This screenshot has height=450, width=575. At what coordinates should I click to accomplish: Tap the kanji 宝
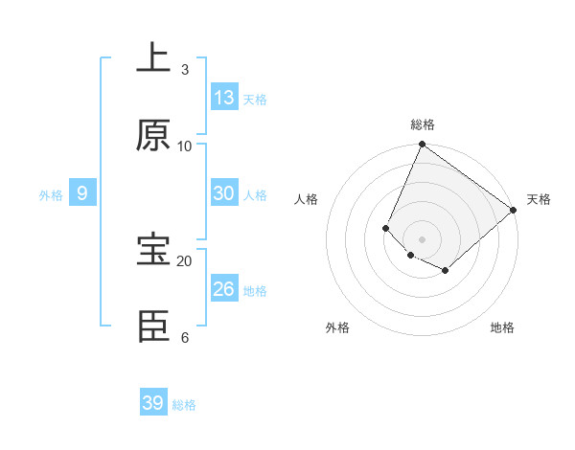(x=153, y=251)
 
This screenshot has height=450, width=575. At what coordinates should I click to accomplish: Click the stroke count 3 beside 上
(x=185, y=69)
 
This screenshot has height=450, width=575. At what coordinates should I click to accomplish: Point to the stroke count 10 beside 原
(x=185, y=146)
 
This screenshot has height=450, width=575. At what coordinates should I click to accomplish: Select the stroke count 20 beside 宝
(x=185, y=260)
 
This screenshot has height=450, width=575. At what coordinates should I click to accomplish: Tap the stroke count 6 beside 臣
(x=185, y=337)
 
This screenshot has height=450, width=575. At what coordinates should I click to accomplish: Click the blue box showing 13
(x=224, y=98)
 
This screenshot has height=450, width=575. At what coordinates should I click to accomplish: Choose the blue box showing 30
(x=224, y=193)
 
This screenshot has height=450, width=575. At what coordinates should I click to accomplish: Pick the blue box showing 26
(x=224, y=289)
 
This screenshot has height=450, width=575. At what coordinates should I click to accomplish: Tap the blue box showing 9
(x=82, y=193)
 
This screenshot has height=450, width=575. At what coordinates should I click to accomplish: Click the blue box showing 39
(x=153, y=403)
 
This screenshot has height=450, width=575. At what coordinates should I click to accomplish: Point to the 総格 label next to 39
(x=184, y=405)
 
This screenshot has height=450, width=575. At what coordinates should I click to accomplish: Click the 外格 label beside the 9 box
(x=51, y=195)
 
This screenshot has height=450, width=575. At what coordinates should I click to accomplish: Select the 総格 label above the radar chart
(x=422, y=124)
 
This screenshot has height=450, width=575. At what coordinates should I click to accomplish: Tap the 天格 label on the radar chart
(x=539, y=199)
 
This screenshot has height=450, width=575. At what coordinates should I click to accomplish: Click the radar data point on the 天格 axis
(x=514, y=211)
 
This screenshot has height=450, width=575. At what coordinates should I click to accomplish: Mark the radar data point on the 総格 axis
(x=422, y=146)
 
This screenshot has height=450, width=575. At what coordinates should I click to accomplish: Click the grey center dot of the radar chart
(x=422, y=238)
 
